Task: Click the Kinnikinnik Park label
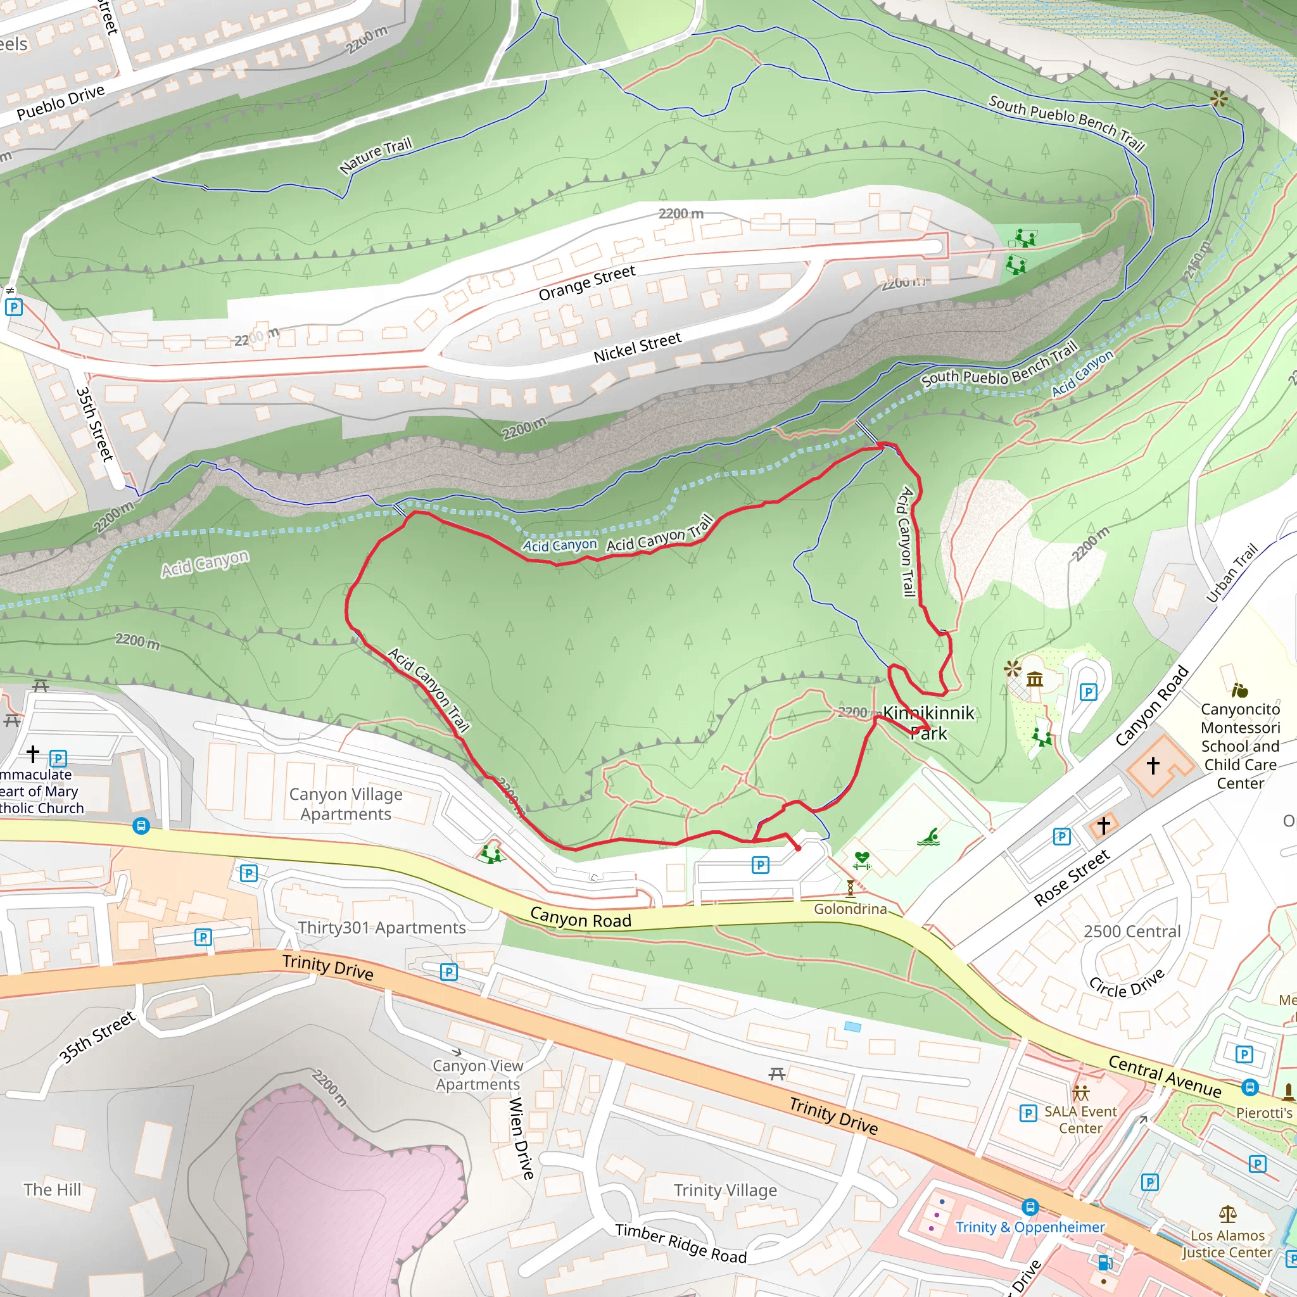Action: [x=928, y=723]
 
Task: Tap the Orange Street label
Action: [x=586, y=282]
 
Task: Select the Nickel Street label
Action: [x=637, y=347]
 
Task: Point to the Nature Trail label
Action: [x=376, y=156]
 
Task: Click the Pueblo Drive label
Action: [x=60, y=102]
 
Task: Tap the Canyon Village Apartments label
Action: [x=346, y=804]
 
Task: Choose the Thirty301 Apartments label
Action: [x=381, y=927]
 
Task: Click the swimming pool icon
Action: [x=928, y=837]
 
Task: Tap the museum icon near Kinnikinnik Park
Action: [x=1035, y=680]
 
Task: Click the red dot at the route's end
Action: [x=798, y=848]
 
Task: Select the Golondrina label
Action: [x=850, y=908]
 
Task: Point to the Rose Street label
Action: [x=1072, y=877]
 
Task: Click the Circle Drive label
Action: [x=1127, y=984]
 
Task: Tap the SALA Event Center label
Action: [x=1080, y=1120]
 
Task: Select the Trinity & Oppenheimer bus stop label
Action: [x=1030, y=1227]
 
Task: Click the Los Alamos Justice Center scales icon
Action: [x=1228, y=1214]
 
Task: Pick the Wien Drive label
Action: [x=522, y=1138]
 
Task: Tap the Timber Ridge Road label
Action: [x=681, y=1243]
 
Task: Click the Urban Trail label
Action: [x=1232, y=573]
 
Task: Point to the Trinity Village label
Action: [x=725, y=1190]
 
